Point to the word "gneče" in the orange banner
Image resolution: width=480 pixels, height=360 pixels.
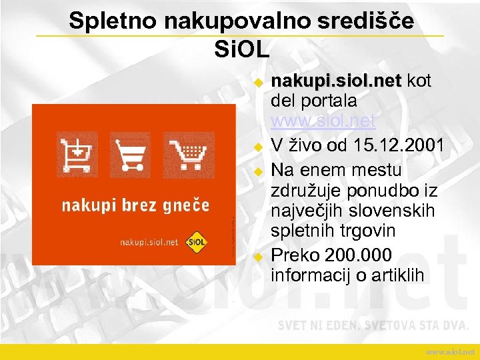[188, 205]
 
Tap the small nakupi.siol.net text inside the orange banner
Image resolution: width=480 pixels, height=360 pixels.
[149, 242]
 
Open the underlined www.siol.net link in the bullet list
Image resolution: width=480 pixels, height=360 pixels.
[323, 122]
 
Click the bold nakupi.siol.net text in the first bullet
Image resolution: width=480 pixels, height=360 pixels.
[336, 81]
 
